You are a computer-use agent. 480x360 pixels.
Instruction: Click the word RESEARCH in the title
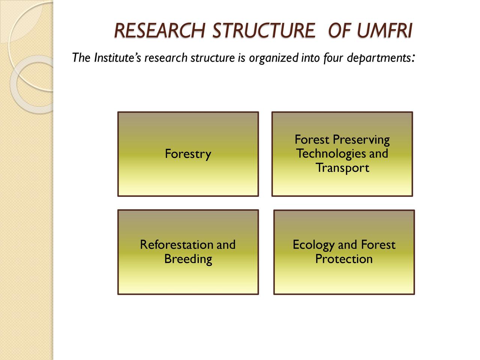click(x=160, y=31)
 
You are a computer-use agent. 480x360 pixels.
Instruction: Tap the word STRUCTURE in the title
click(x=264, y=31)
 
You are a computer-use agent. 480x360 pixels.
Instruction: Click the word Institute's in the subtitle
click(x=117, y=58)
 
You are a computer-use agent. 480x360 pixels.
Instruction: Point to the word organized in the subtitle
click(x=273, y=58)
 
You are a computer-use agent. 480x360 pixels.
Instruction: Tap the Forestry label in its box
click(x=188, y=154)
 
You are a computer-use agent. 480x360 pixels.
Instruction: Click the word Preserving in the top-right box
click(x=361, y=140)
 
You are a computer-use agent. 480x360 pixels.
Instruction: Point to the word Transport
click(x=342, y=168)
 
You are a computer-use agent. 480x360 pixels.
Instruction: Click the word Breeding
click(x=188, y=259)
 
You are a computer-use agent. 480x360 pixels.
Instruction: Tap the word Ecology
click(x=313, y=245)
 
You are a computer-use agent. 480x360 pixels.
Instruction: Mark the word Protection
click(x=344, y=259)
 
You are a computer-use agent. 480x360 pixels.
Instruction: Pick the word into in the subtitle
click(x=310, y=58)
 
